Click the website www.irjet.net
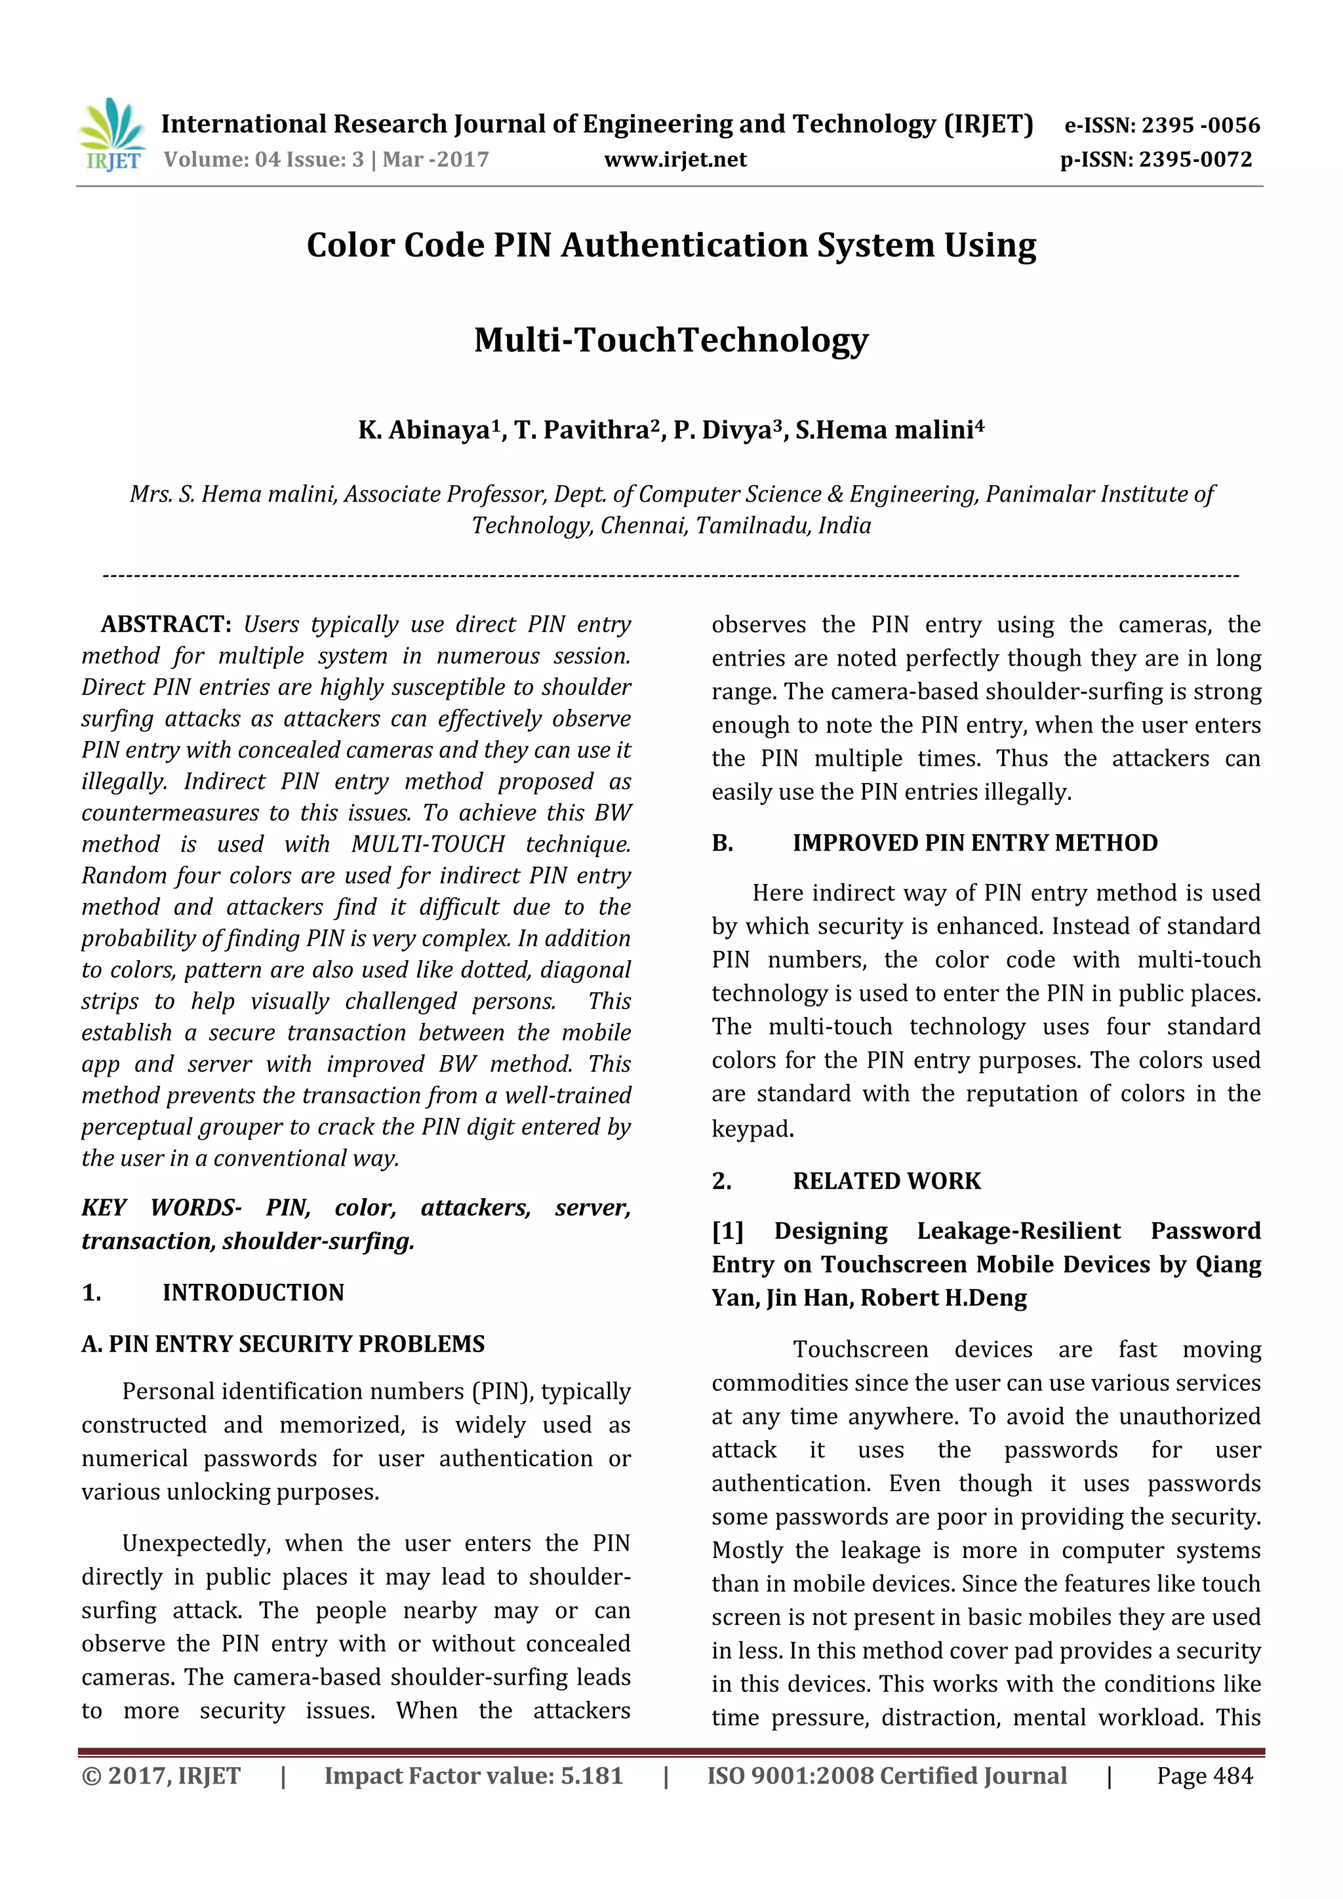[675, 159]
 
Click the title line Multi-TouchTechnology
[671, 340]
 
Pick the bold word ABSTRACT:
[166, 624]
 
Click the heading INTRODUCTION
[252, 1292]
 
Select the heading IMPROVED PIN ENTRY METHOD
[974, 843]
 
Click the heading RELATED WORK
[887, 1181]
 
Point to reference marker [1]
[728, 1231]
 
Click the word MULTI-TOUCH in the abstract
[428, 845]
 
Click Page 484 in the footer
[1204, 1776]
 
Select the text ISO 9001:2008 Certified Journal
[887, 1776]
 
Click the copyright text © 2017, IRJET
[161, 1776]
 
